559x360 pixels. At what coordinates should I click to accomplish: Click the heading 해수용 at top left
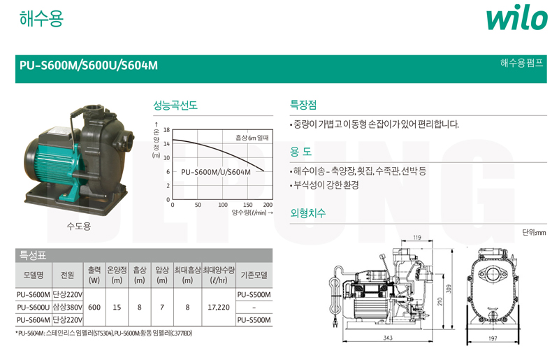41,18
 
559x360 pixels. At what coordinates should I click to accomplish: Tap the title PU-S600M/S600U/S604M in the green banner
89,66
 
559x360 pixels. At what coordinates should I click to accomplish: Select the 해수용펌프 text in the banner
521,63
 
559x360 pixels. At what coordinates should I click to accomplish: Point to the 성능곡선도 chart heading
175,106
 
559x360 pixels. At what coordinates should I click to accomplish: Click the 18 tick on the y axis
166,130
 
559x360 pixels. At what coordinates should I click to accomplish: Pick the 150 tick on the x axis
248,205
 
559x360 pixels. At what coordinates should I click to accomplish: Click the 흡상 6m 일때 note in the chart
252,138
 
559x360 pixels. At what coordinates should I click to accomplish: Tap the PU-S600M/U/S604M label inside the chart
216,172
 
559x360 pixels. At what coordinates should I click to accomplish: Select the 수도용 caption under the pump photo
79,226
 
